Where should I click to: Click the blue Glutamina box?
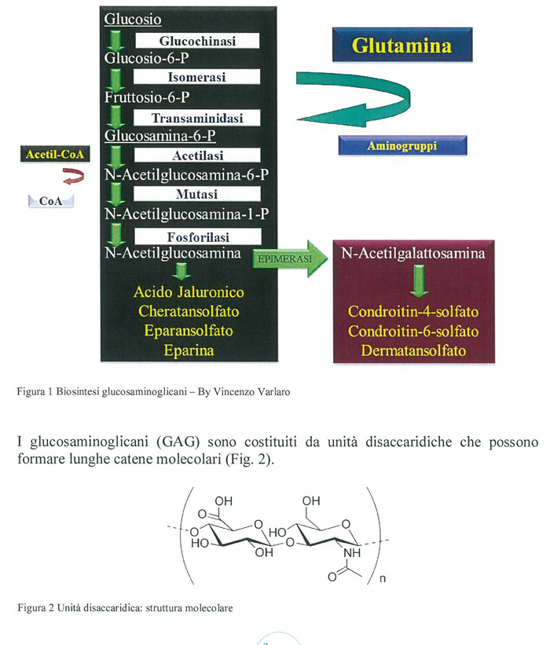click(x=401, y=46)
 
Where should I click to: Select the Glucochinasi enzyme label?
click(x=197, y=40)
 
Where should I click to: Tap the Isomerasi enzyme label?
click(x=196, y=78)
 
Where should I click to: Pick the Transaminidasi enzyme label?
click(x=196, y=118)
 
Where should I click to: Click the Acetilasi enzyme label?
click(x=196, y=156)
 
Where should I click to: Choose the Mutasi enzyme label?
click(x=196, y=194)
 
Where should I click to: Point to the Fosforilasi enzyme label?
click(x=196, y=234)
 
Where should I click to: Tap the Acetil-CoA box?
click(x=54, y=154)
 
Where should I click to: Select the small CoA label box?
click(x=49, y=202)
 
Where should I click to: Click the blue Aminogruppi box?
click(x=403, y=146)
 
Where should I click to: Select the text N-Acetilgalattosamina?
click(x=412, y=254)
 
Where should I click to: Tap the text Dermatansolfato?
click(x=412, y=350)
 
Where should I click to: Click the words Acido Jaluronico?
click(x=189, y=292)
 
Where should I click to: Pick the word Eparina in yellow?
click(x=189, y=350)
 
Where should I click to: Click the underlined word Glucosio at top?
click(x=133, y=18)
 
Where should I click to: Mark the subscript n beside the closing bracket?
click(x=382, y=581)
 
